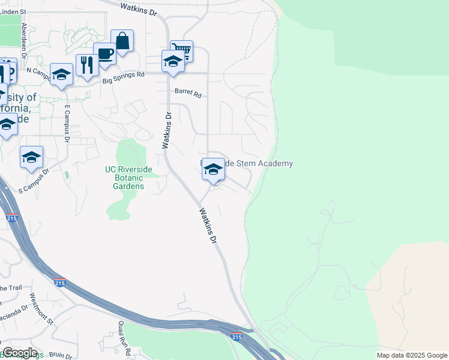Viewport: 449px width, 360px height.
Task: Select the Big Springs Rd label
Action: click(124, 77)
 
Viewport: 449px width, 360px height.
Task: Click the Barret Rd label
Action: click(188, 94)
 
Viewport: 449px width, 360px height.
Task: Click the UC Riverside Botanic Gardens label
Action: click(124, 178)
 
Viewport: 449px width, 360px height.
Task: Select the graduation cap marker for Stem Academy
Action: click(213, 170)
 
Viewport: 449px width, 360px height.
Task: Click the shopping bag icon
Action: click(122, 41)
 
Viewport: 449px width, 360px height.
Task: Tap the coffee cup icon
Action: click(105, 54)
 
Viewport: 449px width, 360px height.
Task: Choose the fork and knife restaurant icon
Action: click(87, 65)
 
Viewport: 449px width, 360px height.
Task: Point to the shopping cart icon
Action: click(181, 50)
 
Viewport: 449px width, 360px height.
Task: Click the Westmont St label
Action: click(42, 307)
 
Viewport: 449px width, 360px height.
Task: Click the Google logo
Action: click(20, 353)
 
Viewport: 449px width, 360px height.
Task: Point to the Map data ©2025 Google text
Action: click(411, 355)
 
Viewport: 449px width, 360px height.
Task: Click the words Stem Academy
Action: click(268, 164)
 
